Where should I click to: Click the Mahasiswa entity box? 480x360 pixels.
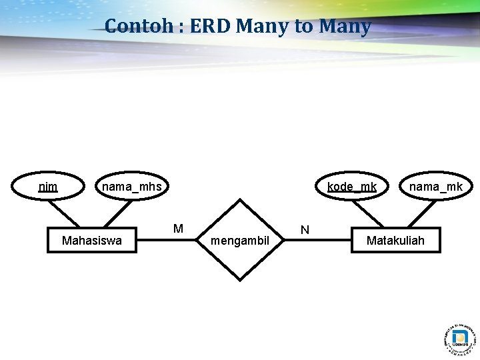(x=91, y=240)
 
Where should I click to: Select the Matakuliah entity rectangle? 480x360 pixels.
(x=395, y=240)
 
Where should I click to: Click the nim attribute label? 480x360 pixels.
(x=48, y=187)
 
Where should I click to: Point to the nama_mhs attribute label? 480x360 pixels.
(x=131, y=187)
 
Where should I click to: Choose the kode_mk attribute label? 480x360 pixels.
(x=352, y=187)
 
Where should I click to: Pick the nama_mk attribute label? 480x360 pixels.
(x=435, y=187)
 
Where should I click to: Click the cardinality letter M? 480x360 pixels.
(x=178, y=229)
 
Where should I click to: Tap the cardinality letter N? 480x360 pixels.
(x=305, y=230)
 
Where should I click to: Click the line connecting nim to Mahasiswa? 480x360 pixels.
(x=65, y=214)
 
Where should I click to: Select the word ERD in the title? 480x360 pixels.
(x=211, y=27)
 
